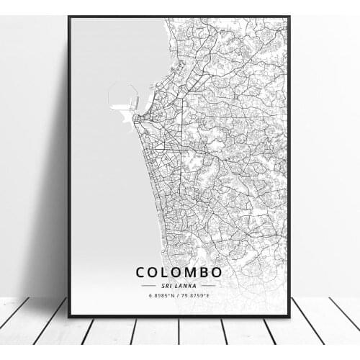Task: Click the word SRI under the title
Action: (168, 285)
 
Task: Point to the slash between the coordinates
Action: (178, 294)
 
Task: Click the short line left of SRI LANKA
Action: (150, 285)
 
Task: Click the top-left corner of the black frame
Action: (69, 17)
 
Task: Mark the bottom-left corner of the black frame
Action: (69, 315)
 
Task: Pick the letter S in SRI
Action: (165, 285)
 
